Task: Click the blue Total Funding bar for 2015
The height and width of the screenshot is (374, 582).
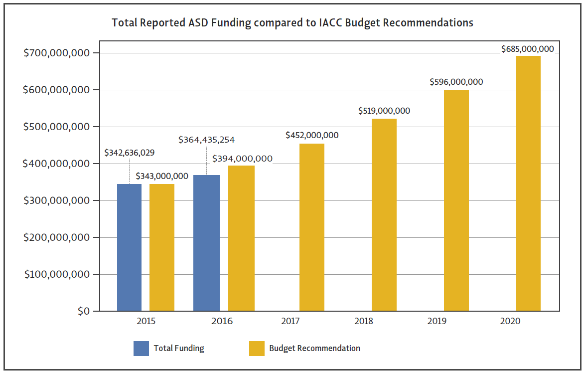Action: point(129,247)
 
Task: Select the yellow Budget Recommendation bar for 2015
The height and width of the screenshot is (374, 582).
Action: point(162,247)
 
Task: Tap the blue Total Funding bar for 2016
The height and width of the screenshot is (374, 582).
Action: point(206,243)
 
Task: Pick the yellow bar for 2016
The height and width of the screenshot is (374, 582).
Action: point(241,238)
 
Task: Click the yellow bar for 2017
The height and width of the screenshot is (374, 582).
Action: point(312,227)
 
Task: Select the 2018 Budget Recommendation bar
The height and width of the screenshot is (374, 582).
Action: point(384,214)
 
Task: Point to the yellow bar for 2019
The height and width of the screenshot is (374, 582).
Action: point(456,200)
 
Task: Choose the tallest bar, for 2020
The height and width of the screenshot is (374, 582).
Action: point(528,183)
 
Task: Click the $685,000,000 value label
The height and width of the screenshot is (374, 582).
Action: point(527,49)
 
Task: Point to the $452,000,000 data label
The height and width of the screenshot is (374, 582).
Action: point(312,135)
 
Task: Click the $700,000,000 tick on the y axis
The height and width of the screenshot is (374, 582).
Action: point(57,53)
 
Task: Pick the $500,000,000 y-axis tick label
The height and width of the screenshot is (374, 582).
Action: point(57,127)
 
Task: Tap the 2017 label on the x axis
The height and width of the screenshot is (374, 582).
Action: point(290,321)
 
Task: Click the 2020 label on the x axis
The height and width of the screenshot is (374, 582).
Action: point(510,321)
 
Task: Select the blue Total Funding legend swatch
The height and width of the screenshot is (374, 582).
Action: point(141,349)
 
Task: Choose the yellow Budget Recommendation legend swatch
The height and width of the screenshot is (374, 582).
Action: point(257,349)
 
